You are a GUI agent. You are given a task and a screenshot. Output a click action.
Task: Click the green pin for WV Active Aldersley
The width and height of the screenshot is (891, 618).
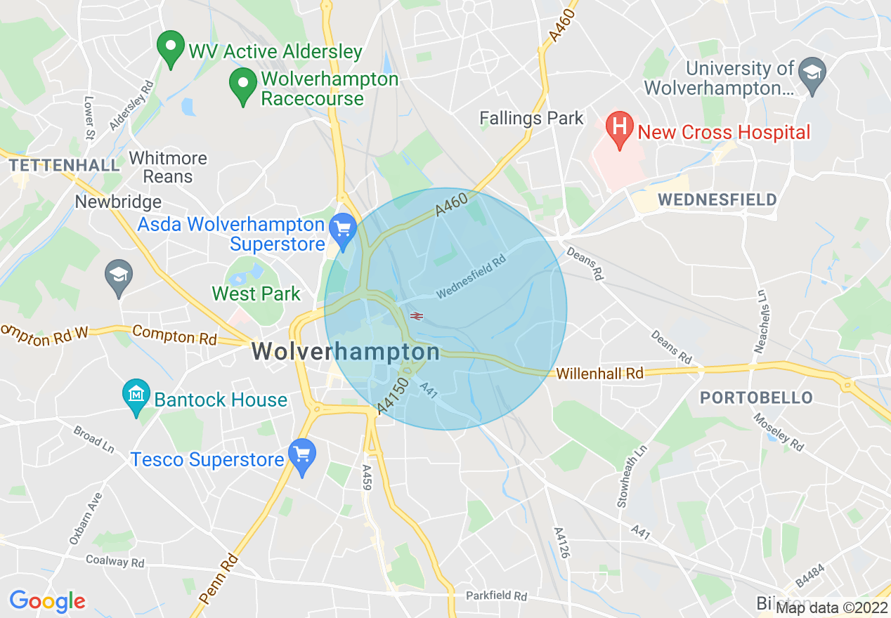169,48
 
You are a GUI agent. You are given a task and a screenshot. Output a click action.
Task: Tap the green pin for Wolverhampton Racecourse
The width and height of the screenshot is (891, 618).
242,85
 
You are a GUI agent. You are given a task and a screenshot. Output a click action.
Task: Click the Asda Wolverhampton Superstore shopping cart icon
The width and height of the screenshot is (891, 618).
343,230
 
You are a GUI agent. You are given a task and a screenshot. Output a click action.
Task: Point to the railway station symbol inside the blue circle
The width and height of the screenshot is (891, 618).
416,316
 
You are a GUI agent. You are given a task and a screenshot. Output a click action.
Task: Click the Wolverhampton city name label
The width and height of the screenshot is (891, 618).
346,351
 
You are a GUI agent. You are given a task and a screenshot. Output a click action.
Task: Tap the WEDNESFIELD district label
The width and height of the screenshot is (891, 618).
717,199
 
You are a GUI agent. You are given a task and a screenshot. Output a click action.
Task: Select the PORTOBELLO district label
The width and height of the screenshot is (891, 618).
756,397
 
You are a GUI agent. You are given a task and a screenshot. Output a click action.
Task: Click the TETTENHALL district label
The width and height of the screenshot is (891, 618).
65,165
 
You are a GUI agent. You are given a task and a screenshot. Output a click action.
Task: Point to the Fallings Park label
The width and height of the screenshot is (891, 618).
531,118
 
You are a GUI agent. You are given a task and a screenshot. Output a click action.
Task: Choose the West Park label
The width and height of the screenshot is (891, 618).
256,294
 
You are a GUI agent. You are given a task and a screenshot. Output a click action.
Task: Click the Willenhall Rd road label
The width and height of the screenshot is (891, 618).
600,374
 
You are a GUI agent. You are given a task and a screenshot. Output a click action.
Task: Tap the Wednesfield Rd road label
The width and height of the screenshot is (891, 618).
471,275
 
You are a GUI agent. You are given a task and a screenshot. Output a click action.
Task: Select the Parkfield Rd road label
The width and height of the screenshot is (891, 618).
496,596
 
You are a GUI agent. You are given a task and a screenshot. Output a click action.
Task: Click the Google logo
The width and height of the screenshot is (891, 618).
47,601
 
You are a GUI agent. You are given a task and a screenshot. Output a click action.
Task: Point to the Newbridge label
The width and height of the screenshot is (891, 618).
118,202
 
